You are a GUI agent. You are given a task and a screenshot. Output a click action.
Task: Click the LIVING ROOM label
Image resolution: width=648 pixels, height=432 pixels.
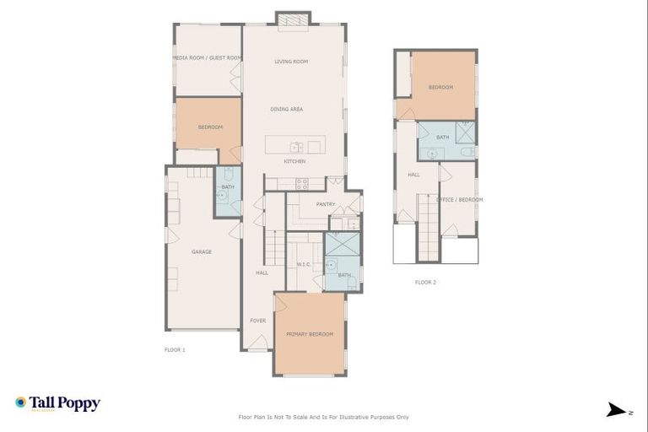[x=291, y=62]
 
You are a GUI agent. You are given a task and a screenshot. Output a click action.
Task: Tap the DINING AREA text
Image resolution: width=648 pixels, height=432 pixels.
[x=287, y=109]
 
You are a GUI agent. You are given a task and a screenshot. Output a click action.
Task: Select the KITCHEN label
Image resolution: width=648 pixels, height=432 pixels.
[x=294, y=161]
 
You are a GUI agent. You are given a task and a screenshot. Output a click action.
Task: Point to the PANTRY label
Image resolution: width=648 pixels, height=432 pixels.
[x=326, y=204]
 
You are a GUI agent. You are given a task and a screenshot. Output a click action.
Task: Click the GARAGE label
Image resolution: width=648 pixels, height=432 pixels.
[x=202, y=251]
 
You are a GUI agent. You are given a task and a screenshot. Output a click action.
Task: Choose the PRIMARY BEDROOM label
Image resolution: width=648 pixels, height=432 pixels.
[x=310, y=334]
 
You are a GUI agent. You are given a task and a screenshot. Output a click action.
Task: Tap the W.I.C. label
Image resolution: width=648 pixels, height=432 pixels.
[x=305, y=265]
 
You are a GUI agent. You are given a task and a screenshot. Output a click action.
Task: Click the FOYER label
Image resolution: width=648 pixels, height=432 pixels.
[x=257, y=321]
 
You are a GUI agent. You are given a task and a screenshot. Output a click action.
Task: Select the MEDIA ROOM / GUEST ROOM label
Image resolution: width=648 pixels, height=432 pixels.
[x=208, y=58]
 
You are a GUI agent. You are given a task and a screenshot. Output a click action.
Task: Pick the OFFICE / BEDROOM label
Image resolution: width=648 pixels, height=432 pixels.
[x=460, y=200]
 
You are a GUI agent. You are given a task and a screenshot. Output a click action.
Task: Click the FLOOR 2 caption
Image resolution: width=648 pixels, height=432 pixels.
[x=426, y=283]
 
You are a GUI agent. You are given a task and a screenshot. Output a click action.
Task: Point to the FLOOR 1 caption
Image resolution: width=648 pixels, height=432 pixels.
[x=175, y=348]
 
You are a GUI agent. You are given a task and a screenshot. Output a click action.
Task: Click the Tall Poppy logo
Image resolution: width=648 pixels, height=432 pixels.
[x=58, y=403]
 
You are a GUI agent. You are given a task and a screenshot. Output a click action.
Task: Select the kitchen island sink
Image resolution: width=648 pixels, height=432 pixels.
[x=296, y=147]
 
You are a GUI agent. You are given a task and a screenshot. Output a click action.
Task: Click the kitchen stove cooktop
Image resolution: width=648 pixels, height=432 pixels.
[x=302, y=183]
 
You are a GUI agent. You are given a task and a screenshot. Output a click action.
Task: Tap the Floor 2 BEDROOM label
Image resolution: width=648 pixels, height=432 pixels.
[x=440, y=87]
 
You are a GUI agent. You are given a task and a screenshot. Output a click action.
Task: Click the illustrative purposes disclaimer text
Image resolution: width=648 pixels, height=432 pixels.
[x=324, y=417]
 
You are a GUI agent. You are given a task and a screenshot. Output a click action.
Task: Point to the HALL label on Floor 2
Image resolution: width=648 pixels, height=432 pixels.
[x=414, y=175]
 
